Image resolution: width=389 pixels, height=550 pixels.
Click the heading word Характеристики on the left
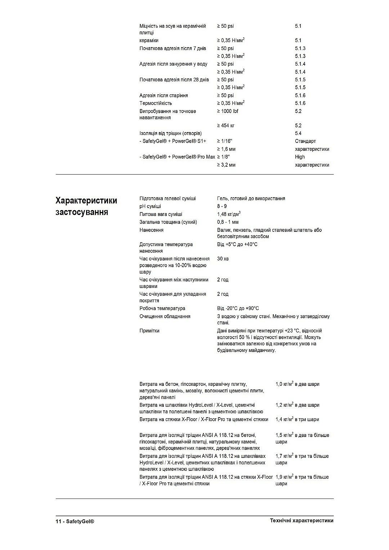pos(86,200)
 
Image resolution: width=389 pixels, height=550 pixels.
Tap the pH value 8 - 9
pos(222,206)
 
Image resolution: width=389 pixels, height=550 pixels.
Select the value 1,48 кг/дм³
pos(229,214)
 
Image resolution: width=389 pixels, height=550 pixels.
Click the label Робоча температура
pos(162,308)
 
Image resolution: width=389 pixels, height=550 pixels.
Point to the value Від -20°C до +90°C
pos(238,308)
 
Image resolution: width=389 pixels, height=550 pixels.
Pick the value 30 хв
pos(223,259)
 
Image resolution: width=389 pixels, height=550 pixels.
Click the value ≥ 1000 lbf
pos(227,111)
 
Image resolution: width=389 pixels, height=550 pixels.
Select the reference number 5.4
pos(298,134)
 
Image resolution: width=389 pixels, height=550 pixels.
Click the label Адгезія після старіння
pos(164,95)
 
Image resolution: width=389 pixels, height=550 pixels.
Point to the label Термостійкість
pos(156,103)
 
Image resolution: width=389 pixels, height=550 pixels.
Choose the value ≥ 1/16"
pos(224,141)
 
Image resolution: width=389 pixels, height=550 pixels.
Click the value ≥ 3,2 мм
pos(226,165)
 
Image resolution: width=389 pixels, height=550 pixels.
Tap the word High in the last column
pos(300,157)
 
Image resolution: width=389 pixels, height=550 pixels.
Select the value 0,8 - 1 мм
pos(228,222)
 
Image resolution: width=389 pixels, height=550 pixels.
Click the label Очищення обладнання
pos(165,316)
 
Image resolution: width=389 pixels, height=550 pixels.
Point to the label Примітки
pos(149,331)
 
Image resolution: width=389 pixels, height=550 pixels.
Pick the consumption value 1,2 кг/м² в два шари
pos(297,405)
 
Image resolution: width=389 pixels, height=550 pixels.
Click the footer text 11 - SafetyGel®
pos(75,521)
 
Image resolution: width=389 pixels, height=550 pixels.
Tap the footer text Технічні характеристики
pos(301,520)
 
